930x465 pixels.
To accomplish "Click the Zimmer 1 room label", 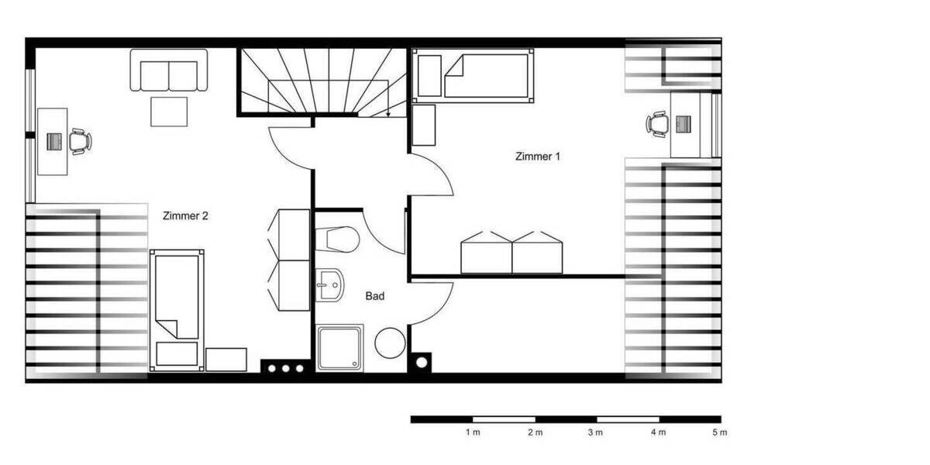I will tap(537, 157).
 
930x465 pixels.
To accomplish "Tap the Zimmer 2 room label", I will tap(185, 216).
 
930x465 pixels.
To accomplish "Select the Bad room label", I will tap(375, 296).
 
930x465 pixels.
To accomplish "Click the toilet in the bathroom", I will tap(340, 239).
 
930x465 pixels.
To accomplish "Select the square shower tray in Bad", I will tap(339, 347).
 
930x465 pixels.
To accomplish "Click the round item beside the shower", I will tap(390, 343).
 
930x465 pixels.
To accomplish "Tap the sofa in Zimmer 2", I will tap(169, 71).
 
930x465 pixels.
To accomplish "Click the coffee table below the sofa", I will tap(169, 111).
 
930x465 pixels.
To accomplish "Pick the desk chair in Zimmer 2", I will tap(80, 141).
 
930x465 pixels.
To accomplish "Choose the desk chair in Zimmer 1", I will tap(657, 124).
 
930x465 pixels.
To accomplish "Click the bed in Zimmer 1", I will tap(473, 75).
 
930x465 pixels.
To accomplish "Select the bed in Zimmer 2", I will tap(177, 305).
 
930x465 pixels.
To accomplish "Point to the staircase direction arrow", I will tap(387, 112).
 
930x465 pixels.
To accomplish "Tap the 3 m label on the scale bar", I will tap(595, 432).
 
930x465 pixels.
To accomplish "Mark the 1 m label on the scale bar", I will tap(472, 432).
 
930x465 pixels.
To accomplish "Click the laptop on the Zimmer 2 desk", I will tap(54, 142).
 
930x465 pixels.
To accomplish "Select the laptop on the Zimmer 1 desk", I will tap(683, 124).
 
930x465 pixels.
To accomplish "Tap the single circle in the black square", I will tap(422, 361).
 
